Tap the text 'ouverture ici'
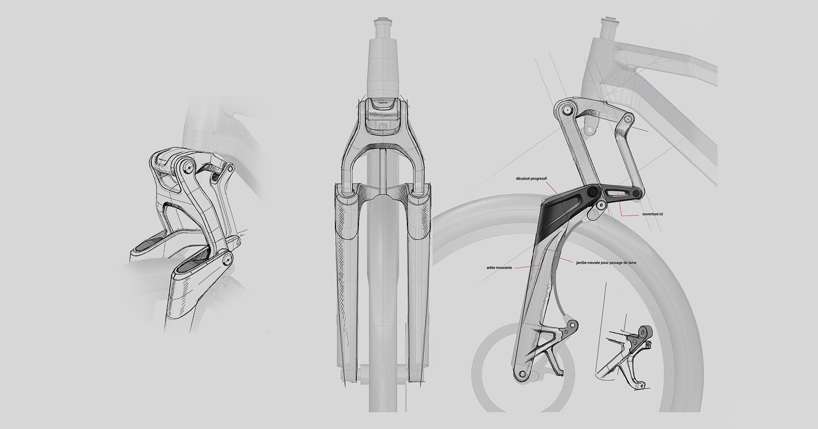(x=652, y=214)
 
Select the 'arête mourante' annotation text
(x=499, y=268)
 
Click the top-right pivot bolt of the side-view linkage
(x=625, y=121)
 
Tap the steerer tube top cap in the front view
(x=381, y=21)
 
